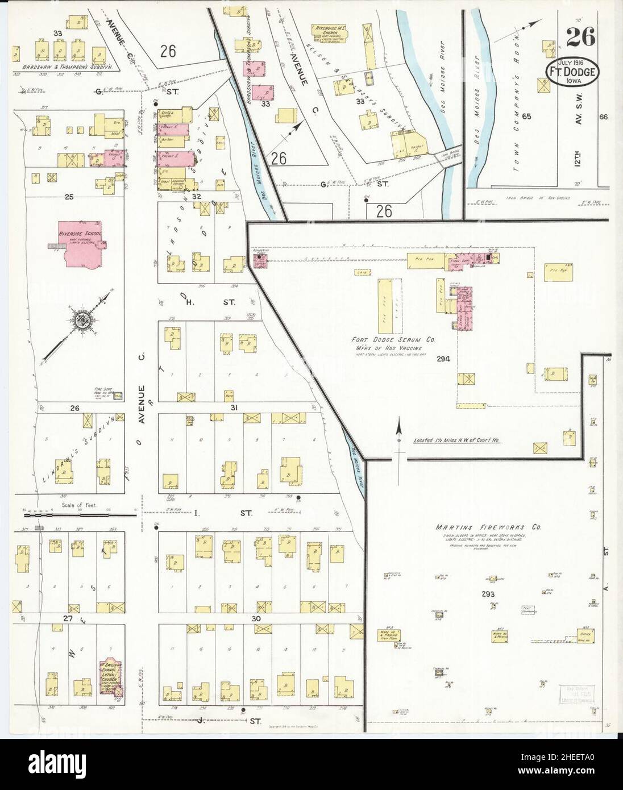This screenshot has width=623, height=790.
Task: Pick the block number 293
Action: click(488, 594)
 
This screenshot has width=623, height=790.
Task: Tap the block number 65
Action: click(527, 117)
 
